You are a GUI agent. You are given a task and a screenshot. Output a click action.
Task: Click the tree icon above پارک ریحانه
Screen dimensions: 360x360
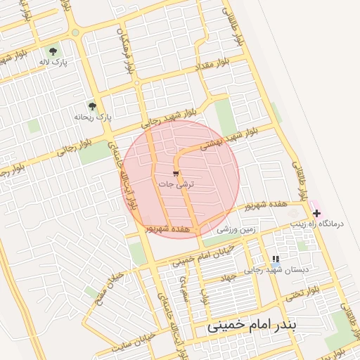click(x=92, y=106)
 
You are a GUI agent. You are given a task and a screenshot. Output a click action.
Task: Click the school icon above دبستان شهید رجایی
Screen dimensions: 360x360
click(x=275, y=259)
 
